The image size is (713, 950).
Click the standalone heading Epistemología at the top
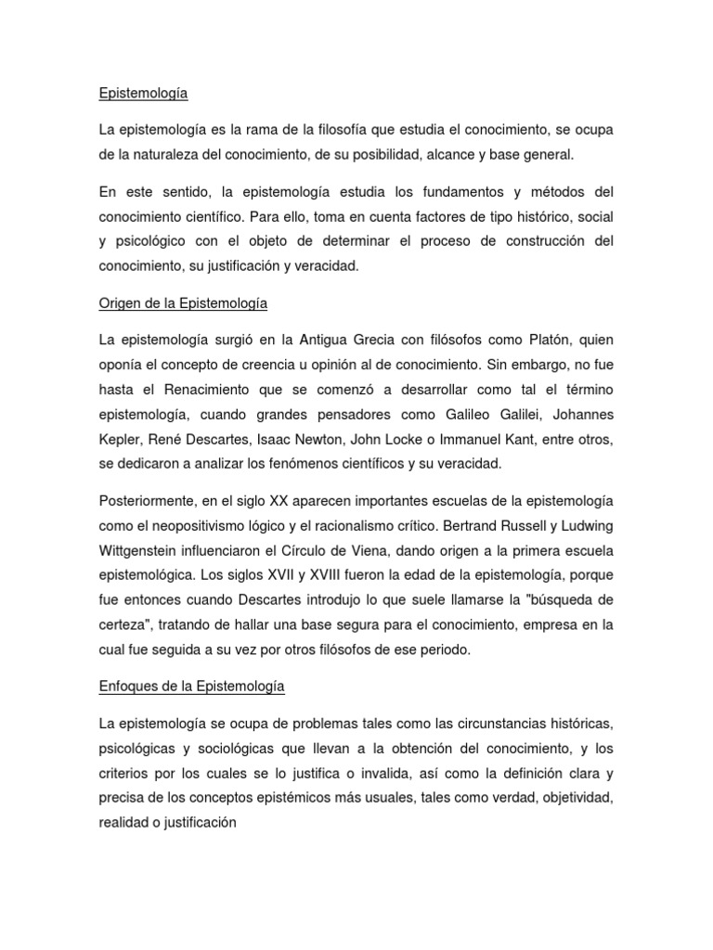pos(143,94)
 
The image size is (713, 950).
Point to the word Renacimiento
pos(205,389)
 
